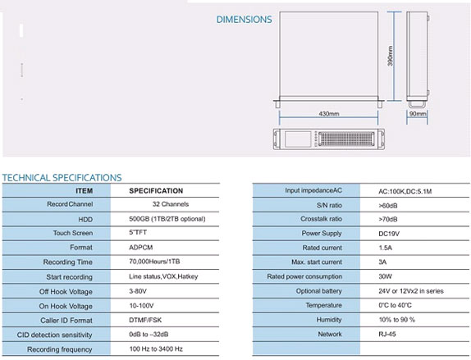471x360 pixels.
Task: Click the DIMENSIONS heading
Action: click(x=244, y=20)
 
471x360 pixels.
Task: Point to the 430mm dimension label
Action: click(x=328, y=114)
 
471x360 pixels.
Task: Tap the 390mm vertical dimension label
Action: click(x=391, y=56)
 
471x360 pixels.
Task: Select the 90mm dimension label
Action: click(x=418, y=114)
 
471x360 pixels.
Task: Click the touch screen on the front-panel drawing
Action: click(x=298, y=139)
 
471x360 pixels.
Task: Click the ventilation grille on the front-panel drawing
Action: click(x=346, y=139)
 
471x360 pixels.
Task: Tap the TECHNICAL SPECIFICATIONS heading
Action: click(x=62, y=178)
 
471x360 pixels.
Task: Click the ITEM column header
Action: click(x=84, y=191)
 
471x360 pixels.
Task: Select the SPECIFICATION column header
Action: click(x=156, y=191)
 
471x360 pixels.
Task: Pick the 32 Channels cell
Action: click(x=171, y=204)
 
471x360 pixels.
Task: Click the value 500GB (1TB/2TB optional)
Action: click(x=167, y=219)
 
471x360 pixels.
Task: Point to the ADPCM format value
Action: click(x=141, y=248)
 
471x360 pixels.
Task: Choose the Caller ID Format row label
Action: click(x=66, y=321)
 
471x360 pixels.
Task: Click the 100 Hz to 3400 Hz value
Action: click(x=156, y=349)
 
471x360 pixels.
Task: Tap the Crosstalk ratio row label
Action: click(x=321, y=219)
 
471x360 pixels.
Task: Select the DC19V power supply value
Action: click(x=389, y=234)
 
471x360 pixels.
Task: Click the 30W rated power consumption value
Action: click(x=385, y=276)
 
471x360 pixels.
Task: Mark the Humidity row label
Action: click(x=329, y=320)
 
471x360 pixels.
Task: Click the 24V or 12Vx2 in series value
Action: click(x=411, y=291)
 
